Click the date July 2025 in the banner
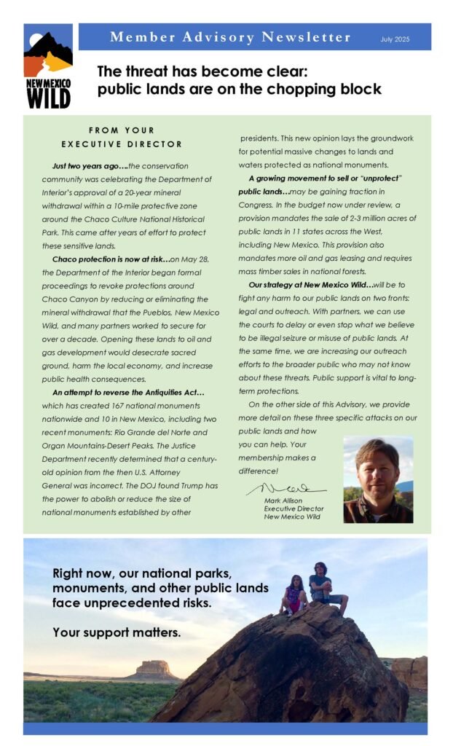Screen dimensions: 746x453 coord(395,38)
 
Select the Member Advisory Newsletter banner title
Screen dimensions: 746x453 coord(229,37)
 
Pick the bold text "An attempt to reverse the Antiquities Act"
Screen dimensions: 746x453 coord(128,393)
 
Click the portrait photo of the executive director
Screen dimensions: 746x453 coord(378,480)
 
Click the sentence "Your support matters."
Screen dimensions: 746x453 coord(117,632)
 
